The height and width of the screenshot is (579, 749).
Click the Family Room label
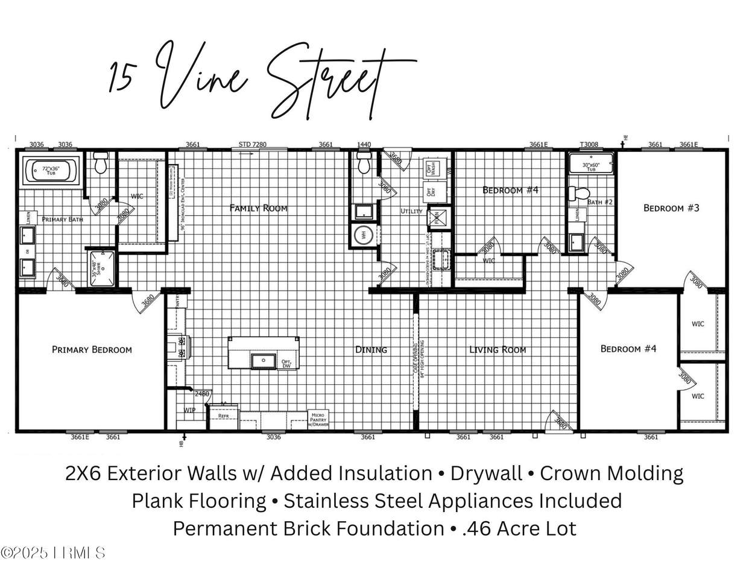click(x=258, y=208)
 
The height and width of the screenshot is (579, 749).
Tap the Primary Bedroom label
click(x=92, y=349)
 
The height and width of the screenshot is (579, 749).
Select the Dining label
click(x=371, y=349)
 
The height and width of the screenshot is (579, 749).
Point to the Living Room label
click(x=498, y=349)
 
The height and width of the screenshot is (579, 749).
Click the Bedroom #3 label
click(x=671, y=208)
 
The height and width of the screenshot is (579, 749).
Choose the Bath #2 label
click(x=599, y=202)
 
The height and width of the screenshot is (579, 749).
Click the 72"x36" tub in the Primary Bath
click(x=51, y=171)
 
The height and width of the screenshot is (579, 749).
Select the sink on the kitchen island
click(x=262, y=361)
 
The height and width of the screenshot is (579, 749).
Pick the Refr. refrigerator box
click(x=223, y=416)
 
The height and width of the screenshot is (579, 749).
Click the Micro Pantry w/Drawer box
click(x=318, y=419)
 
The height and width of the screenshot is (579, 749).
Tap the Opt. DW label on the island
click(x=286, y=364)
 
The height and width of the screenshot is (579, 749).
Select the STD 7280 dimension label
click(x=252, y=145)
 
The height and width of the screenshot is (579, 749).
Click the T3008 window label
click(x=589, y=145)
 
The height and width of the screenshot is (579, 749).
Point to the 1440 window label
click(x=364, y=145)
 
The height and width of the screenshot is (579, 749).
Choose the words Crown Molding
click(x=612, y=473)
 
